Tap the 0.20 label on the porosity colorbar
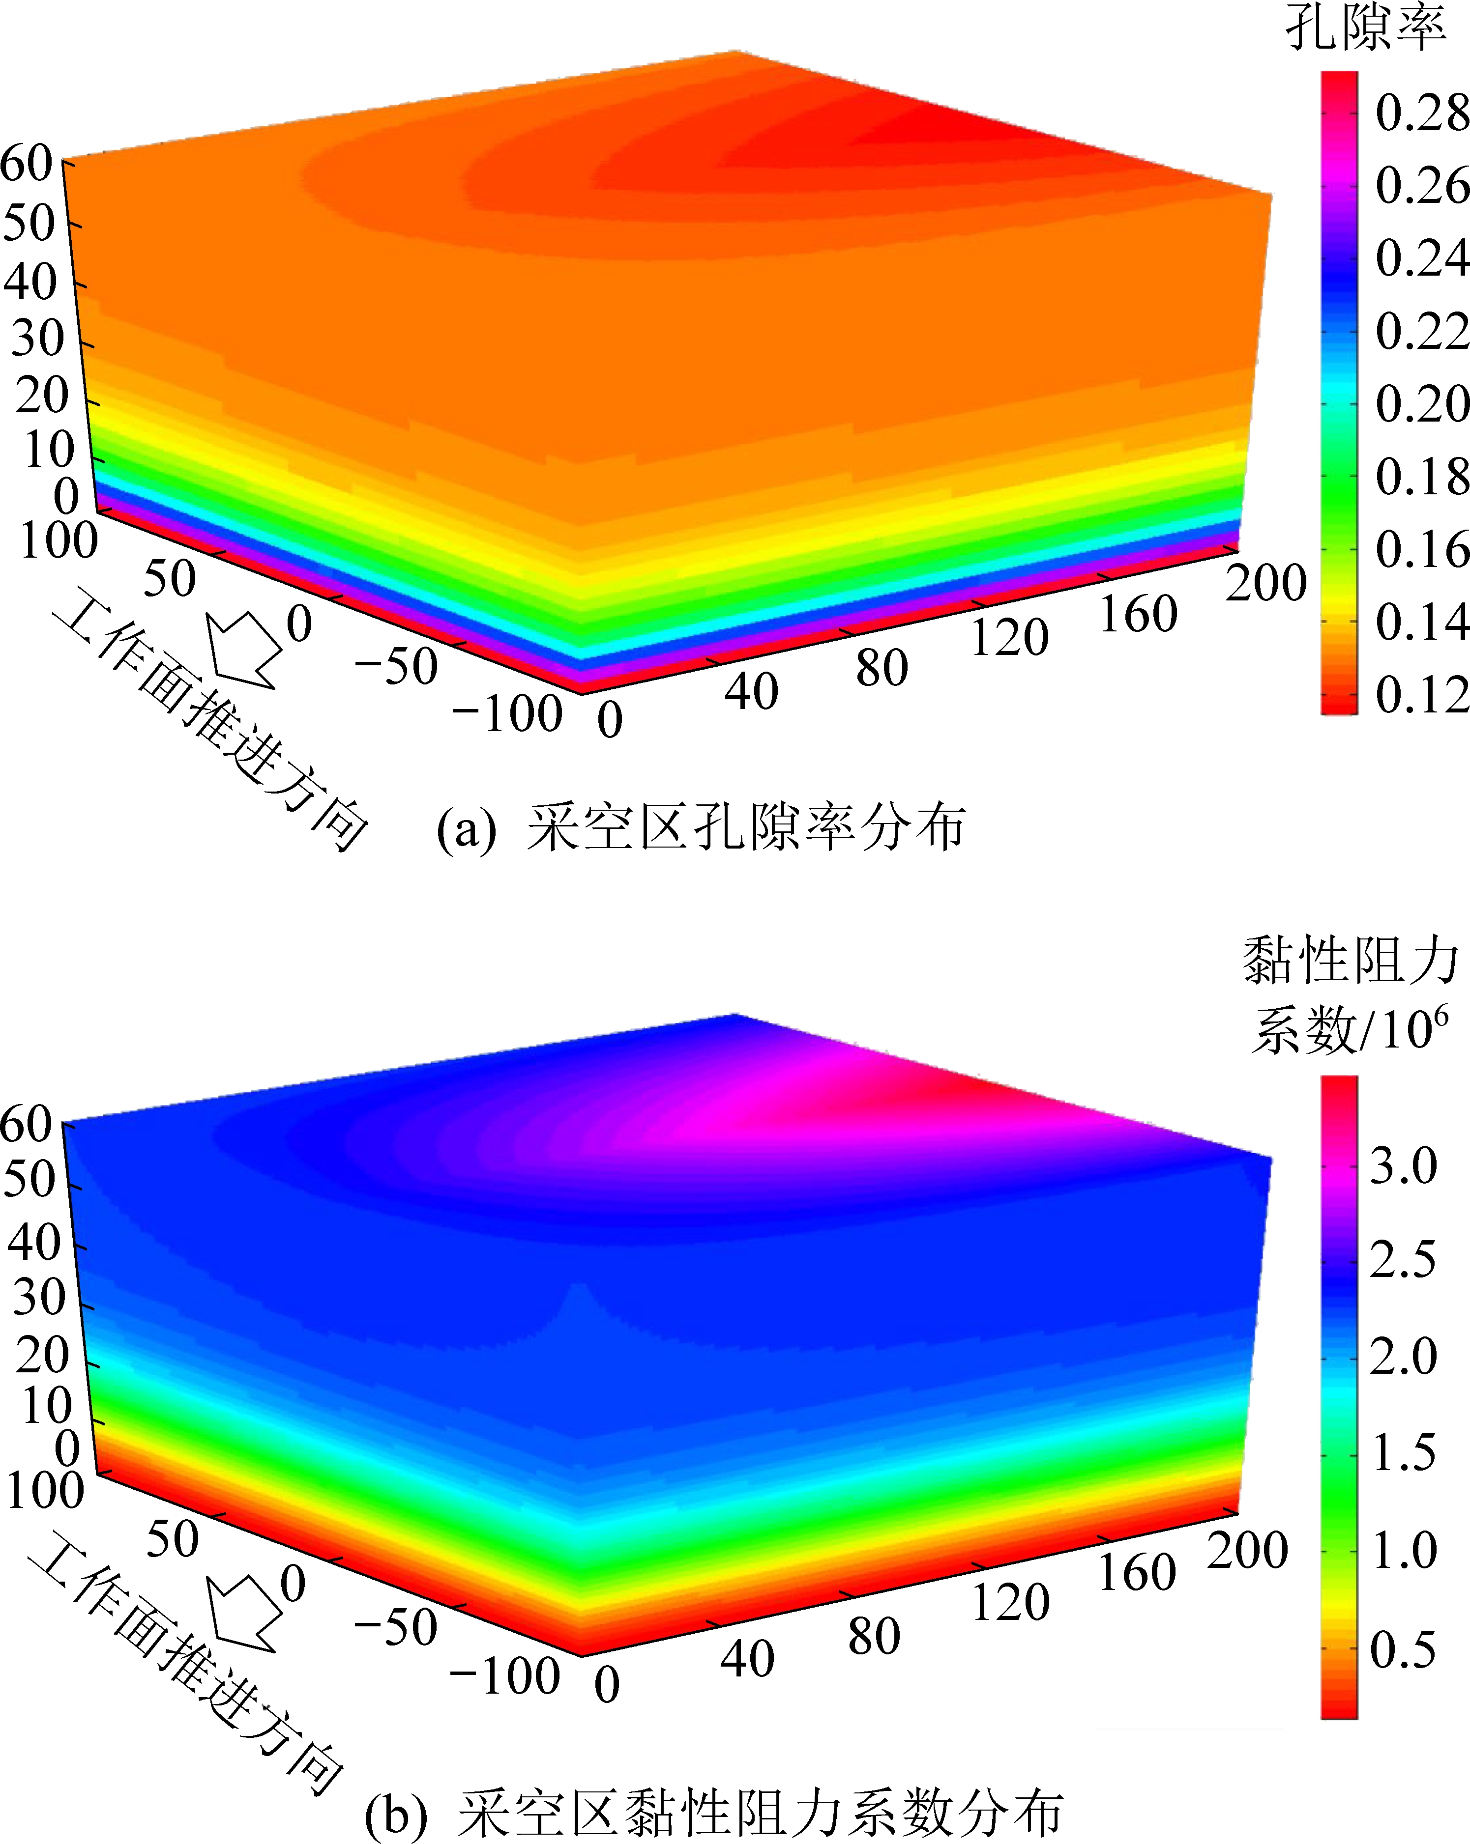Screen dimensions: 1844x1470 click(x=1421, y=404)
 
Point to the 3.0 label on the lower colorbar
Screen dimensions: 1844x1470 click(x=1403, y=1166)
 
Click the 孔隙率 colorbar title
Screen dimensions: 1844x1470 click(x=1366, y=28)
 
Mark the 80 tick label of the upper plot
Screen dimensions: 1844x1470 click(x=882, y=669)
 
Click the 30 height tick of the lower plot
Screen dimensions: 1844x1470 click(x=38, y=1298)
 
